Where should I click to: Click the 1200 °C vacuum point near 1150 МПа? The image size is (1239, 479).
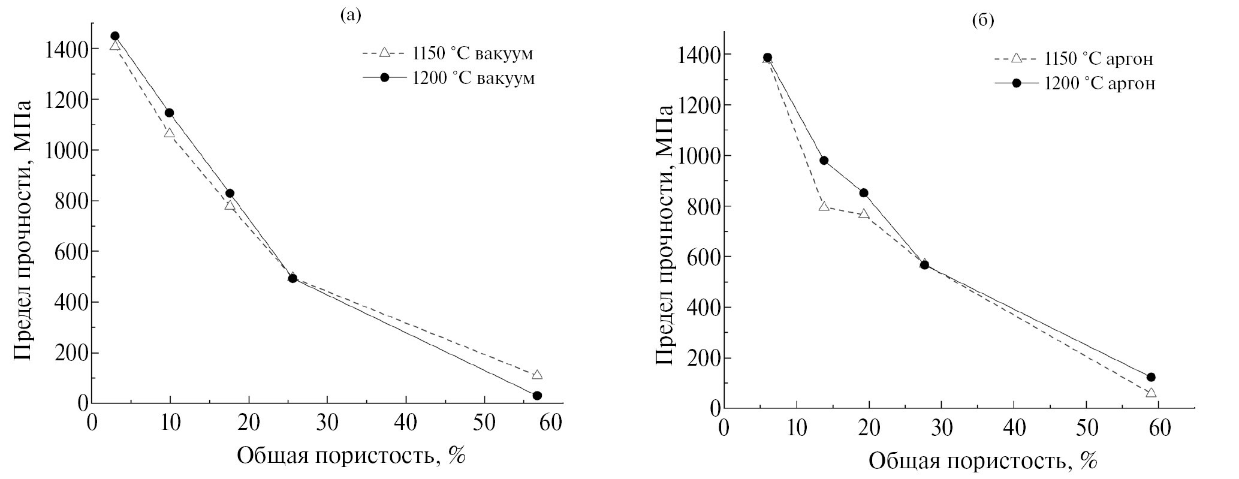(x=169, y=113)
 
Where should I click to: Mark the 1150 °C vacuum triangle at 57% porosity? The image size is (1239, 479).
(x=537, y=375)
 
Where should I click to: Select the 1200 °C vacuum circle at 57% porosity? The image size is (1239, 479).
(x=537, y=396)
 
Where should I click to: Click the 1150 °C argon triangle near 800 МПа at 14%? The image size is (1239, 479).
(x=824, y=206)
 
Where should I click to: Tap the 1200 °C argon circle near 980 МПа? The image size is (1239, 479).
(x=824, y=160)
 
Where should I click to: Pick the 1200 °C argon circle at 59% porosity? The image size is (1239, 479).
(x=1150, y=377)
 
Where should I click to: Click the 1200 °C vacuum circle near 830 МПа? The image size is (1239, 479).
(x=230, y=193)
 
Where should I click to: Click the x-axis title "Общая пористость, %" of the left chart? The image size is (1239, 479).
(x=351, y=456)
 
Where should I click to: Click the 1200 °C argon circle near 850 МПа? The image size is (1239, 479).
(x=864, y=192)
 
